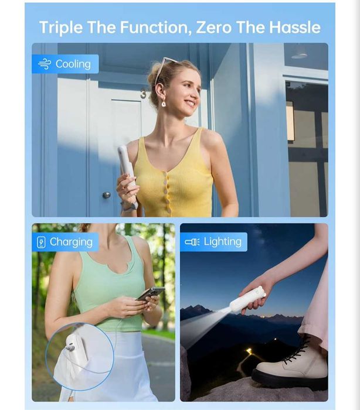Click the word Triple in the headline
[61, 28]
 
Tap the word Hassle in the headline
[295, 27]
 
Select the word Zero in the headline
[213, 27]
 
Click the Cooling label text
[73, 64]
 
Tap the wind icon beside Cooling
[45, 64]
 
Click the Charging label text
[71, 242]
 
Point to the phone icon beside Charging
[41, 242]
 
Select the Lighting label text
[223, 242]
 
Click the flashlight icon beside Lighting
[192, 242]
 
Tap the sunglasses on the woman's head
[165, 69]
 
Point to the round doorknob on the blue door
[106, 195]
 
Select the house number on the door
[144, 94]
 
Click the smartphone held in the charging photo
[151, 294]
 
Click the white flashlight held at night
[247, 299]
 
